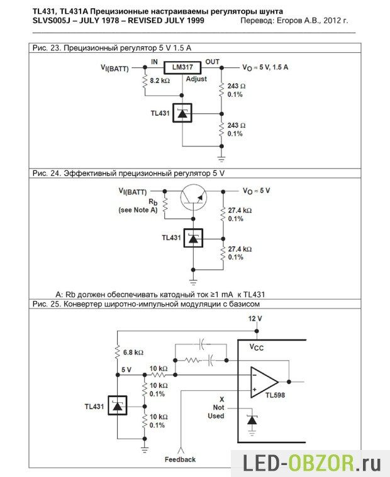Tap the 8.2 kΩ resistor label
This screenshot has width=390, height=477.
click(x=161, y=82)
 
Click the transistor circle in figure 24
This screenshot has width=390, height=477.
click(x=193, y=198)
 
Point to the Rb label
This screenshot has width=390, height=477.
click(x=153, y=202)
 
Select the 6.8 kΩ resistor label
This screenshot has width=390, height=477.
click(x=133, y=352)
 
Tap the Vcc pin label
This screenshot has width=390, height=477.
click(x=257, y=346)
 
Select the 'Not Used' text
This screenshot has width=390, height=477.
click(x=216, y=412)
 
